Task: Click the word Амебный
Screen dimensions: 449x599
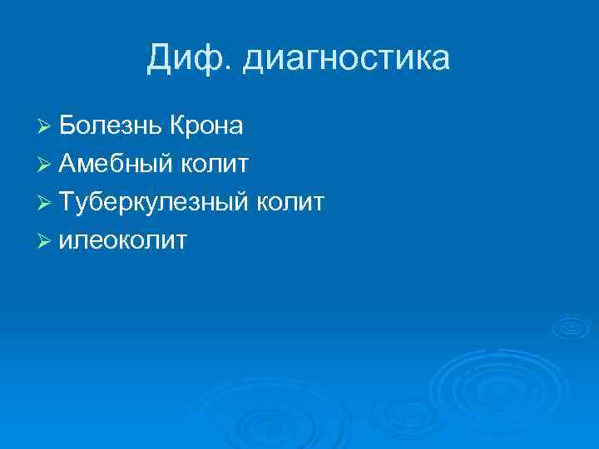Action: (x=116, y=164)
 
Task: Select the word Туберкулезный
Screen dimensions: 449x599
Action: (x=153, y=202)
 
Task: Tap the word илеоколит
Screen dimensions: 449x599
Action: (x=123, y=240)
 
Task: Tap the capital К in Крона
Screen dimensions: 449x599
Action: (x=176, y=126)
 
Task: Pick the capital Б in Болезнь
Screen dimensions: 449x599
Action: (x=68, y=126)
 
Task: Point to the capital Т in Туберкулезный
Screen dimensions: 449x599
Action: (x=67, y=202)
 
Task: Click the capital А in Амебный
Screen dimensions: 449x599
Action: (x=68, y=164)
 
